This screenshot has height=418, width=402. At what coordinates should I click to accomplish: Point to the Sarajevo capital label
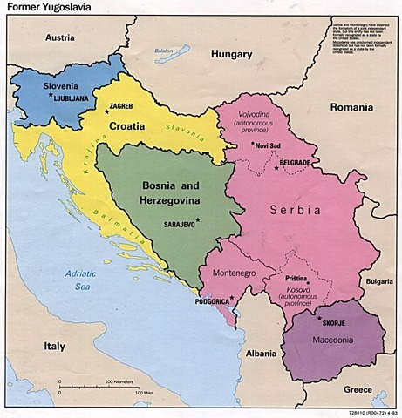pyautogui.click(x=177, y=223)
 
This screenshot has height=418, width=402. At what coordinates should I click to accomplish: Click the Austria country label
pyautogui.click(x=60, y=38)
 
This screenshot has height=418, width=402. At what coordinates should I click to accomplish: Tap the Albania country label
pyautogui.click(x=261, y=354)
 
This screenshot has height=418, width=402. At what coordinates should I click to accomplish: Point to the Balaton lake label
pyautogui.click(x=164, y=51)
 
